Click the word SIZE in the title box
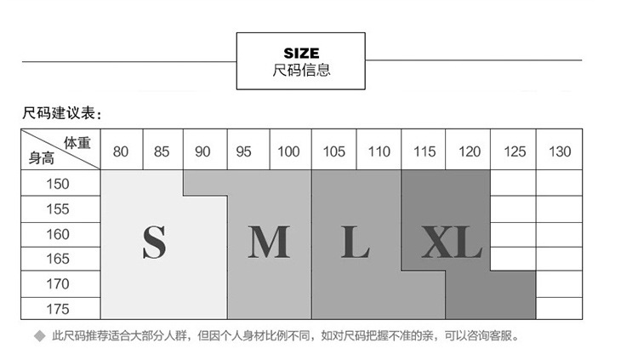(301, 54)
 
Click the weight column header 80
(121, 151)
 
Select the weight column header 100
(288, 151)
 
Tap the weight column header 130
(560, 151)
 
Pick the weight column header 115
(424, 151)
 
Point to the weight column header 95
(244, 151)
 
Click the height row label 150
(58, 184)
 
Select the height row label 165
(58, 259)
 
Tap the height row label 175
(58, 309)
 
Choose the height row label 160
(58, 234)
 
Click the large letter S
(154, 243)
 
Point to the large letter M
(269, 243)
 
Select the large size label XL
(452, 243)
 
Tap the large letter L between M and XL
(356, 243)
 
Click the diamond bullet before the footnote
(40, 336)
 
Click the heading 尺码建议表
(59, 113)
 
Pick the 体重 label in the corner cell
(77, 142)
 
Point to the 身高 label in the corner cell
(42, 158)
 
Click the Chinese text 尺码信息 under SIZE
(301, 70)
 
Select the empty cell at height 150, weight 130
(559, 183)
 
